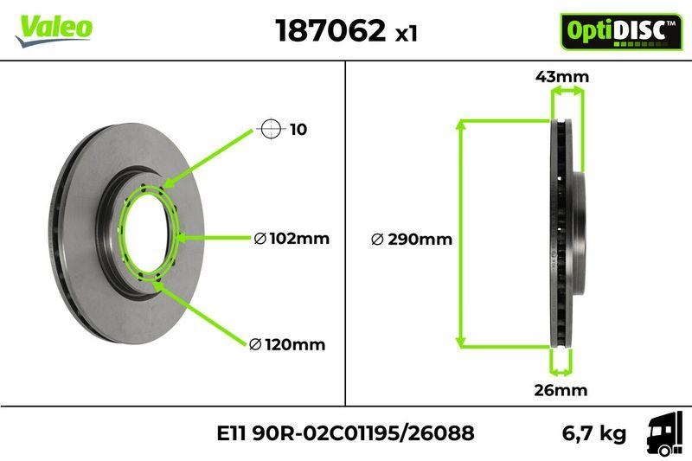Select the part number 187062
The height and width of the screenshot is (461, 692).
[330, 31]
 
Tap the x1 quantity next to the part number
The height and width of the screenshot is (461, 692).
[407, 34]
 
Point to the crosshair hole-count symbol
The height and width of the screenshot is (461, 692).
[271, 130]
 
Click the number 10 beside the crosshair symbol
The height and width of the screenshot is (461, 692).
[298, 131]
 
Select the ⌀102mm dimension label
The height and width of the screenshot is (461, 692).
[292, 239]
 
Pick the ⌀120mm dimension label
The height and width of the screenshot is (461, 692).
[287, 345]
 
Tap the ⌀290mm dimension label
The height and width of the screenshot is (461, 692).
[411, 240]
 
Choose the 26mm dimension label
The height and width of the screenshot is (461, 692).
[560, 390]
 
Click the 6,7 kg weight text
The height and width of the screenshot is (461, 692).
[594, 433]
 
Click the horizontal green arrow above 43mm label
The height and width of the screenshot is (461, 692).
[567, 91]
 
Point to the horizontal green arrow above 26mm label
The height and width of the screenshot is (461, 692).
[561, 373]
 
